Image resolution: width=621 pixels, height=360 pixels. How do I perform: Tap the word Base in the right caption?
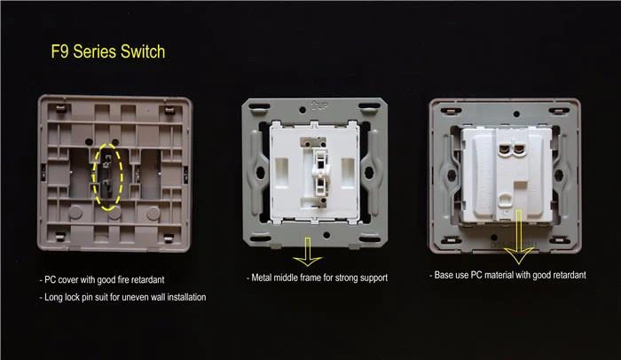point(449,276)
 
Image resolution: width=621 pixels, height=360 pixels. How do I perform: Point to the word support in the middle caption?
point(369,278)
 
